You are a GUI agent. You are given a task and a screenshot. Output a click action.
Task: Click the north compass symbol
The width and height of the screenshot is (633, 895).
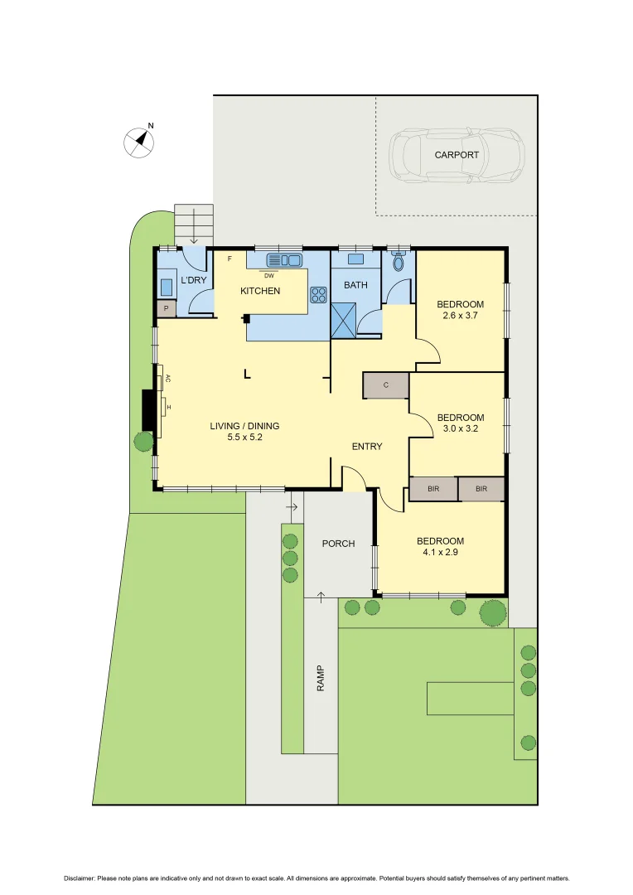click(141, 141)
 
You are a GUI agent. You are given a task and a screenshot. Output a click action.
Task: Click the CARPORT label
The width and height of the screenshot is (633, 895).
click(457, 155)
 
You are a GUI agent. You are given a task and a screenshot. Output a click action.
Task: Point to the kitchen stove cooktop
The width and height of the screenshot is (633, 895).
click(318, 293)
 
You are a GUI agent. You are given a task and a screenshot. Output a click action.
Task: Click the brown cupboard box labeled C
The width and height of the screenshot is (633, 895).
click(386, 385)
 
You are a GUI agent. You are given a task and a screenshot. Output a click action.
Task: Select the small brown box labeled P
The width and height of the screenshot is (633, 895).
click(166, 308)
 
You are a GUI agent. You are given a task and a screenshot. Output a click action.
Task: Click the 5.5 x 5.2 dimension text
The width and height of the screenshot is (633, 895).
click(244, 438)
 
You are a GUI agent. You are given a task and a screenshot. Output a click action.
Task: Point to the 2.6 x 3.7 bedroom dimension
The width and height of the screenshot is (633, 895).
click(460, 316)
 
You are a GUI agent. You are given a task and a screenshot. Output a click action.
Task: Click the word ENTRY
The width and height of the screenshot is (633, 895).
click(367, 447)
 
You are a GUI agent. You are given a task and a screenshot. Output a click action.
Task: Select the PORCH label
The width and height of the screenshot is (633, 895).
click(338, 544)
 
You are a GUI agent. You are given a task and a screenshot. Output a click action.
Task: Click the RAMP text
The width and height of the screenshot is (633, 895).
click(321, 680)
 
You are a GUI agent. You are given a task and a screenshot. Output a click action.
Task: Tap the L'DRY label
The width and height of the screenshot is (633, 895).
click(193, 280)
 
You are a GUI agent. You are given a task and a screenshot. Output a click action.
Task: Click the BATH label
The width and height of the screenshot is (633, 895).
click(355, 285)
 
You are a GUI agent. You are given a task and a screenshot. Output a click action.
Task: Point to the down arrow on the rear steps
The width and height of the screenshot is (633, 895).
click(194, 222)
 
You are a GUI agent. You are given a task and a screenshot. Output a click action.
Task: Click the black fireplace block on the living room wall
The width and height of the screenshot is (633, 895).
click(148, 410)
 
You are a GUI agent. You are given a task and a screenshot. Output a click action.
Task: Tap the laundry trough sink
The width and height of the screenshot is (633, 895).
click(167, 287)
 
